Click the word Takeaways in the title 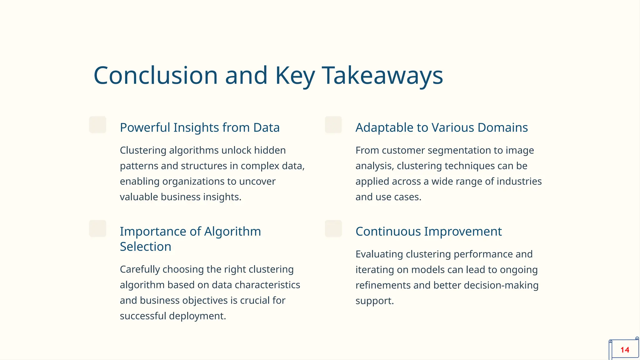pos(382,76)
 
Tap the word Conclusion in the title pos(156,76)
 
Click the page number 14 pos(625,350)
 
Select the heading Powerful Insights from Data pos(200,127)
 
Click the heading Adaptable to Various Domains pos(442,127)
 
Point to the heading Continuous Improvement pos(428,232)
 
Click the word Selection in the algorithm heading pos(146,247)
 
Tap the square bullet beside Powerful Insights pos(97,125)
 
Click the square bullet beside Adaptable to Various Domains pos(333,125)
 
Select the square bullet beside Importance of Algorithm pos(97,229)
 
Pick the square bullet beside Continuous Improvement pos(333,229)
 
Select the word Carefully pos(140,269)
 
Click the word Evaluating pos(379,254)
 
